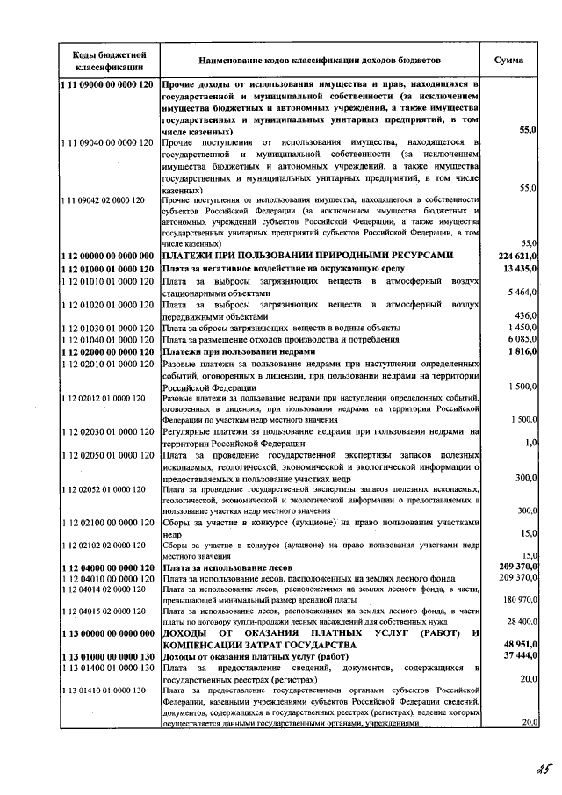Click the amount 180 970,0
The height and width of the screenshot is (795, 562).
[x=517, y=599]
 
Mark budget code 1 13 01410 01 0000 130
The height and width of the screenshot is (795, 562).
[x=103, y=690]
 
